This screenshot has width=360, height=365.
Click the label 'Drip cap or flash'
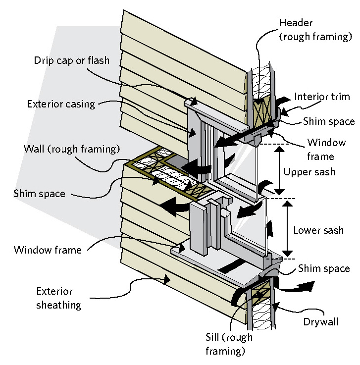click(x=71, y=61)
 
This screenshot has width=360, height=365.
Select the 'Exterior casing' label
click(x=60, y=104)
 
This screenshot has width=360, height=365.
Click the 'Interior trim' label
click(x=322, y=97)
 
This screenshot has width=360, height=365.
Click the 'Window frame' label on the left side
click(x=48, y=250)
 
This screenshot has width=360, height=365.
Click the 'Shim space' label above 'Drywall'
click(x=324, y=269)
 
